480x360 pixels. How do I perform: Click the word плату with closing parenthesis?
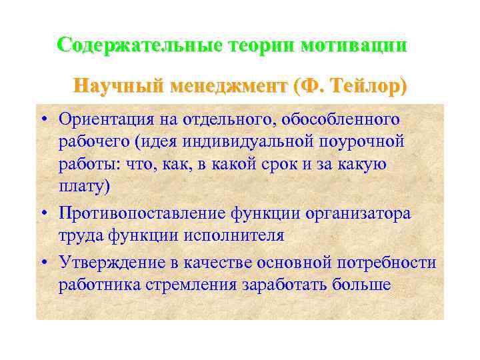tap(84, 188)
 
